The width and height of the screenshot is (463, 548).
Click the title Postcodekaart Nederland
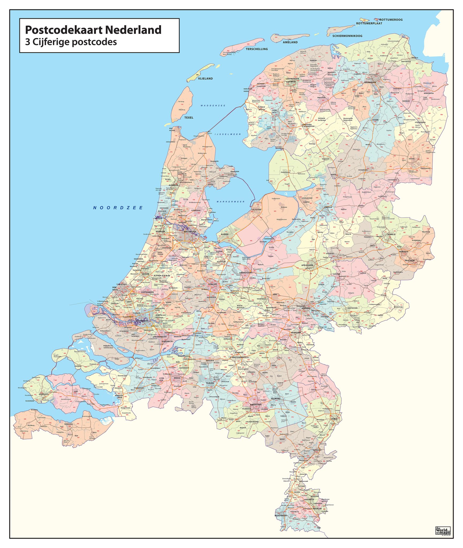click(x=93, y=30)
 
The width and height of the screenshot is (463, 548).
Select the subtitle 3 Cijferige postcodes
click(x=71, y=42)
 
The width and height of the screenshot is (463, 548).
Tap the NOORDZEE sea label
click(x=118, y=208)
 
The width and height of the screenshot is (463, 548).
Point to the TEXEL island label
click(x=189, y=117)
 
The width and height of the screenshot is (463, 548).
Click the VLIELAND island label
click(x=205, y=79)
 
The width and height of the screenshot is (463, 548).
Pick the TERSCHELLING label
click(x=257, y=49)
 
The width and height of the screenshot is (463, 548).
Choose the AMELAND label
click(x=290, y=42)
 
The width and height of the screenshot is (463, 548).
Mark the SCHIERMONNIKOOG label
click(x=347, y=36)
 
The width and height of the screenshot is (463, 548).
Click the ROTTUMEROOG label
click(x=391, y=20)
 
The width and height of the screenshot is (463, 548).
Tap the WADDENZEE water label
click(x=213, y=105)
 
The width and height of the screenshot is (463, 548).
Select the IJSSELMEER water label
click(x=228, y=134)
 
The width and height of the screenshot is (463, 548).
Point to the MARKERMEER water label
click(x=231, y=201)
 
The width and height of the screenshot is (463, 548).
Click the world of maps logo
click(x=443, y=530)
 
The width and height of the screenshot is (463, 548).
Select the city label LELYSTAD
click(x=256, y=210)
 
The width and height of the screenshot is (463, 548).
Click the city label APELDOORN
click(x=307, y=265)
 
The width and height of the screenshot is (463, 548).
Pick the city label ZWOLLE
click(x=328, y=207)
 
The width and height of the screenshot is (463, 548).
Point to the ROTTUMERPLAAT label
click(x=369, y=24)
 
